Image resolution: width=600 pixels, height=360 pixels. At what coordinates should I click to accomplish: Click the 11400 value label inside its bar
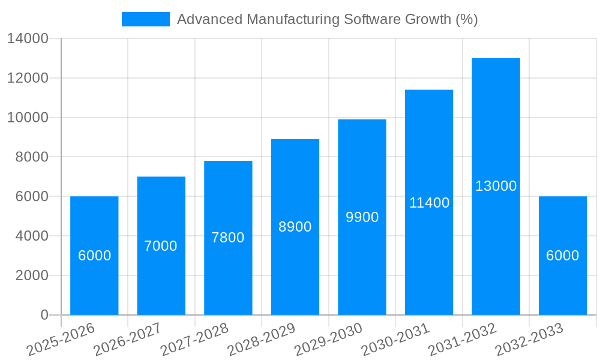429,203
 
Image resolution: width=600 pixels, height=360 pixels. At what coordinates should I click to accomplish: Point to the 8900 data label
295,227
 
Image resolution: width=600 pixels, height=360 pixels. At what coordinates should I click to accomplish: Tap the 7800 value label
228,238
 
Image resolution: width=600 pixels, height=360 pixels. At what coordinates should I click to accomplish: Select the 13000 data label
496,186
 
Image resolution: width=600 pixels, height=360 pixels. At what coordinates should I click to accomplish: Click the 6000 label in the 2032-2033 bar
563,256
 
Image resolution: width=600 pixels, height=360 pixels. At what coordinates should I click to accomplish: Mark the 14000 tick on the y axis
28,38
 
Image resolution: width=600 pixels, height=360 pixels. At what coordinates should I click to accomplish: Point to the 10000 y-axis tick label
28,118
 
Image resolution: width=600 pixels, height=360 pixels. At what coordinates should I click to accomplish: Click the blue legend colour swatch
145,19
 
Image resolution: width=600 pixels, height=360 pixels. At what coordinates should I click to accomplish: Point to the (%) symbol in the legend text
466,19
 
